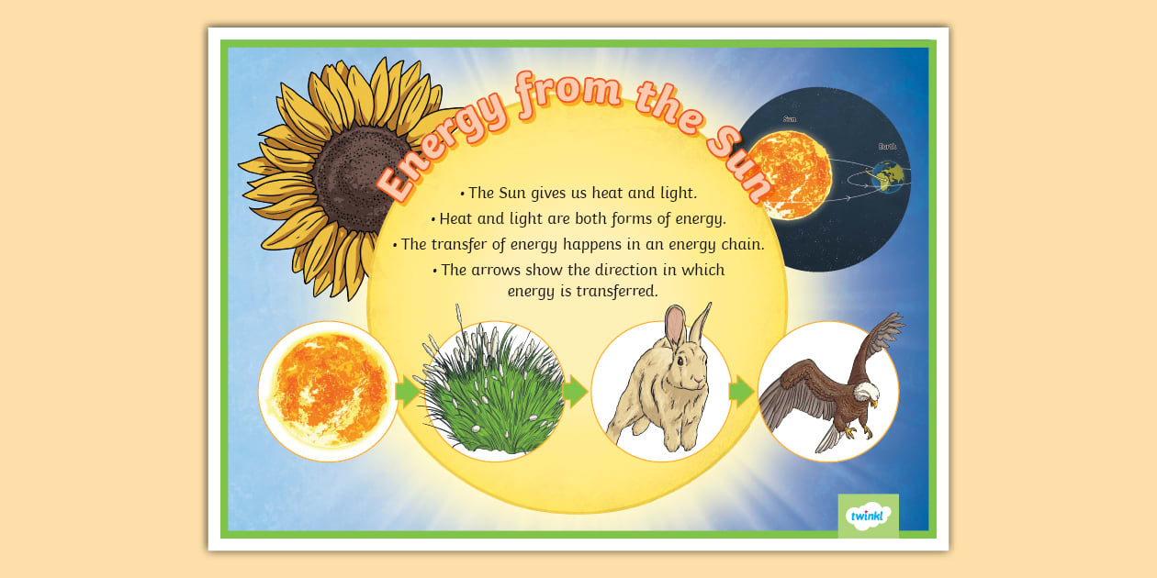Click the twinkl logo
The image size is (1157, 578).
868,516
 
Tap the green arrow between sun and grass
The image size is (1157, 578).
406,392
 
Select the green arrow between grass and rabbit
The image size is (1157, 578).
574,392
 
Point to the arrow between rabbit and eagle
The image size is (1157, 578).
741,392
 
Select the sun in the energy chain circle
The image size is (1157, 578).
328,391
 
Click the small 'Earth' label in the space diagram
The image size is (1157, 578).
888,145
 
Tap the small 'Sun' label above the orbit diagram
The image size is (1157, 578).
790,119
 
